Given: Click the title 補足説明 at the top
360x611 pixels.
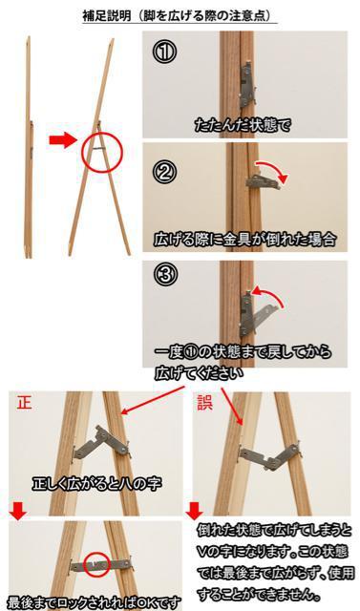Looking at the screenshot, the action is click(x=107, y=16).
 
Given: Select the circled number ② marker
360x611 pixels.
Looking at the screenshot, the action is click(x=163, y=172).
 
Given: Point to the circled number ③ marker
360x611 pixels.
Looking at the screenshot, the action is click(x=163, y=274).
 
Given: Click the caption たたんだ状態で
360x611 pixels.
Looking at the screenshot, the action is click(x=243, y=125).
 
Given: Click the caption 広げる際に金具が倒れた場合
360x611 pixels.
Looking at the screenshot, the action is click(x=244, y=240).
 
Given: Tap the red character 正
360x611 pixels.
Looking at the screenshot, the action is click(x=24, y=403).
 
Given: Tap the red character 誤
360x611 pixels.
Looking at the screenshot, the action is click(x=204, y=403).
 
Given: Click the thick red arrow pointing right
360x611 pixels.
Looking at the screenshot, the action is click(x=63, y=139).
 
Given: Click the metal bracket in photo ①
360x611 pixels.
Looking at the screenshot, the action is click(x=247, y=86).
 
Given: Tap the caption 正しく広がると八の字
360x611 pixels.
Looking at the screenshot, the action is click(x=96, y=484).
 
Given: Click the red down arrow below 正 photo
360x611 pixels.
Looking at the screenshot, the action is click(x=18, y=512).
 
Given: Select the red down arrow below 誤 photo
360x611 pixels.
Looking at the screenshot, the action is click(x=194, y=512).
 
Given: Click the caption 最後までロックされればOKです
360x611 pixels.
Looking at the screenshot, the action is click(x=95, y=602).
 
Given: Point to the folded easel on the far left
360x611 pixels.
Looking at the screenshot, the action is click(x=28, y=147).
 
